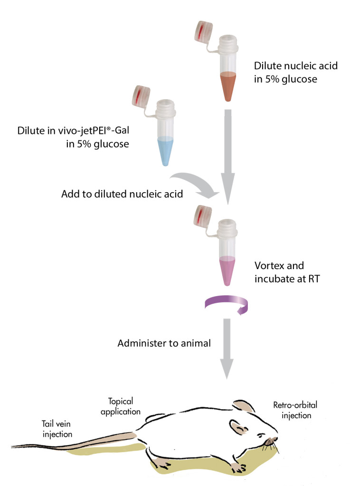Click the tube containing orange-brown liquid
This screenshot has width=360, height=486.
click(x=229, y=71)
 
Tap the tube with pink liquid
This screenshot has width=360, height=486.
click(x=228, y=256)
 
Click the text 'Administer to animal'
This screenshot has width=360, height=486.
click(x=164, y=343)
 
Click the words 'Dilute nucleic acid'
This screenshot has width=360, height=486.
click(x=295, y=66)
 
